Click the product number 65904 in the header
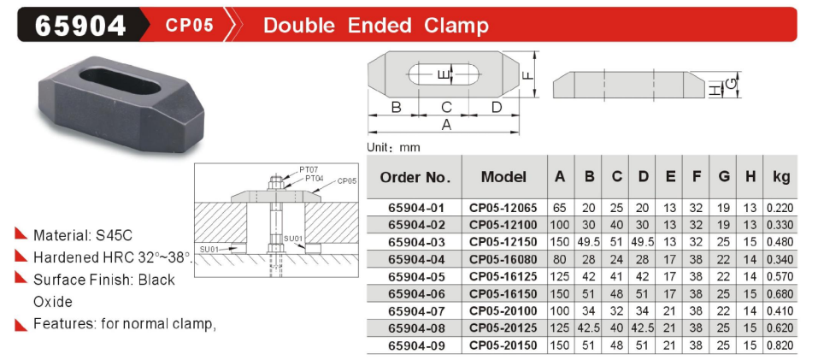point(80,25)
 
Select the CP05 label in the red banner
point(190,25)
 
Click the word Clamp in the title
point(456,25)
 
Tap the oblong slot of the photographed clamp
point(120,81)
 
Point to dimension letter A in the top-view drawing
point(446,125)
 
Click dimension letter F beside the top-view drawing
point(528,74)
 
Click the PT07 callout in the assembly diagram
point(309,170)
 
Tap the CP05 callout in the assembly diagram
point(347,181)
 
